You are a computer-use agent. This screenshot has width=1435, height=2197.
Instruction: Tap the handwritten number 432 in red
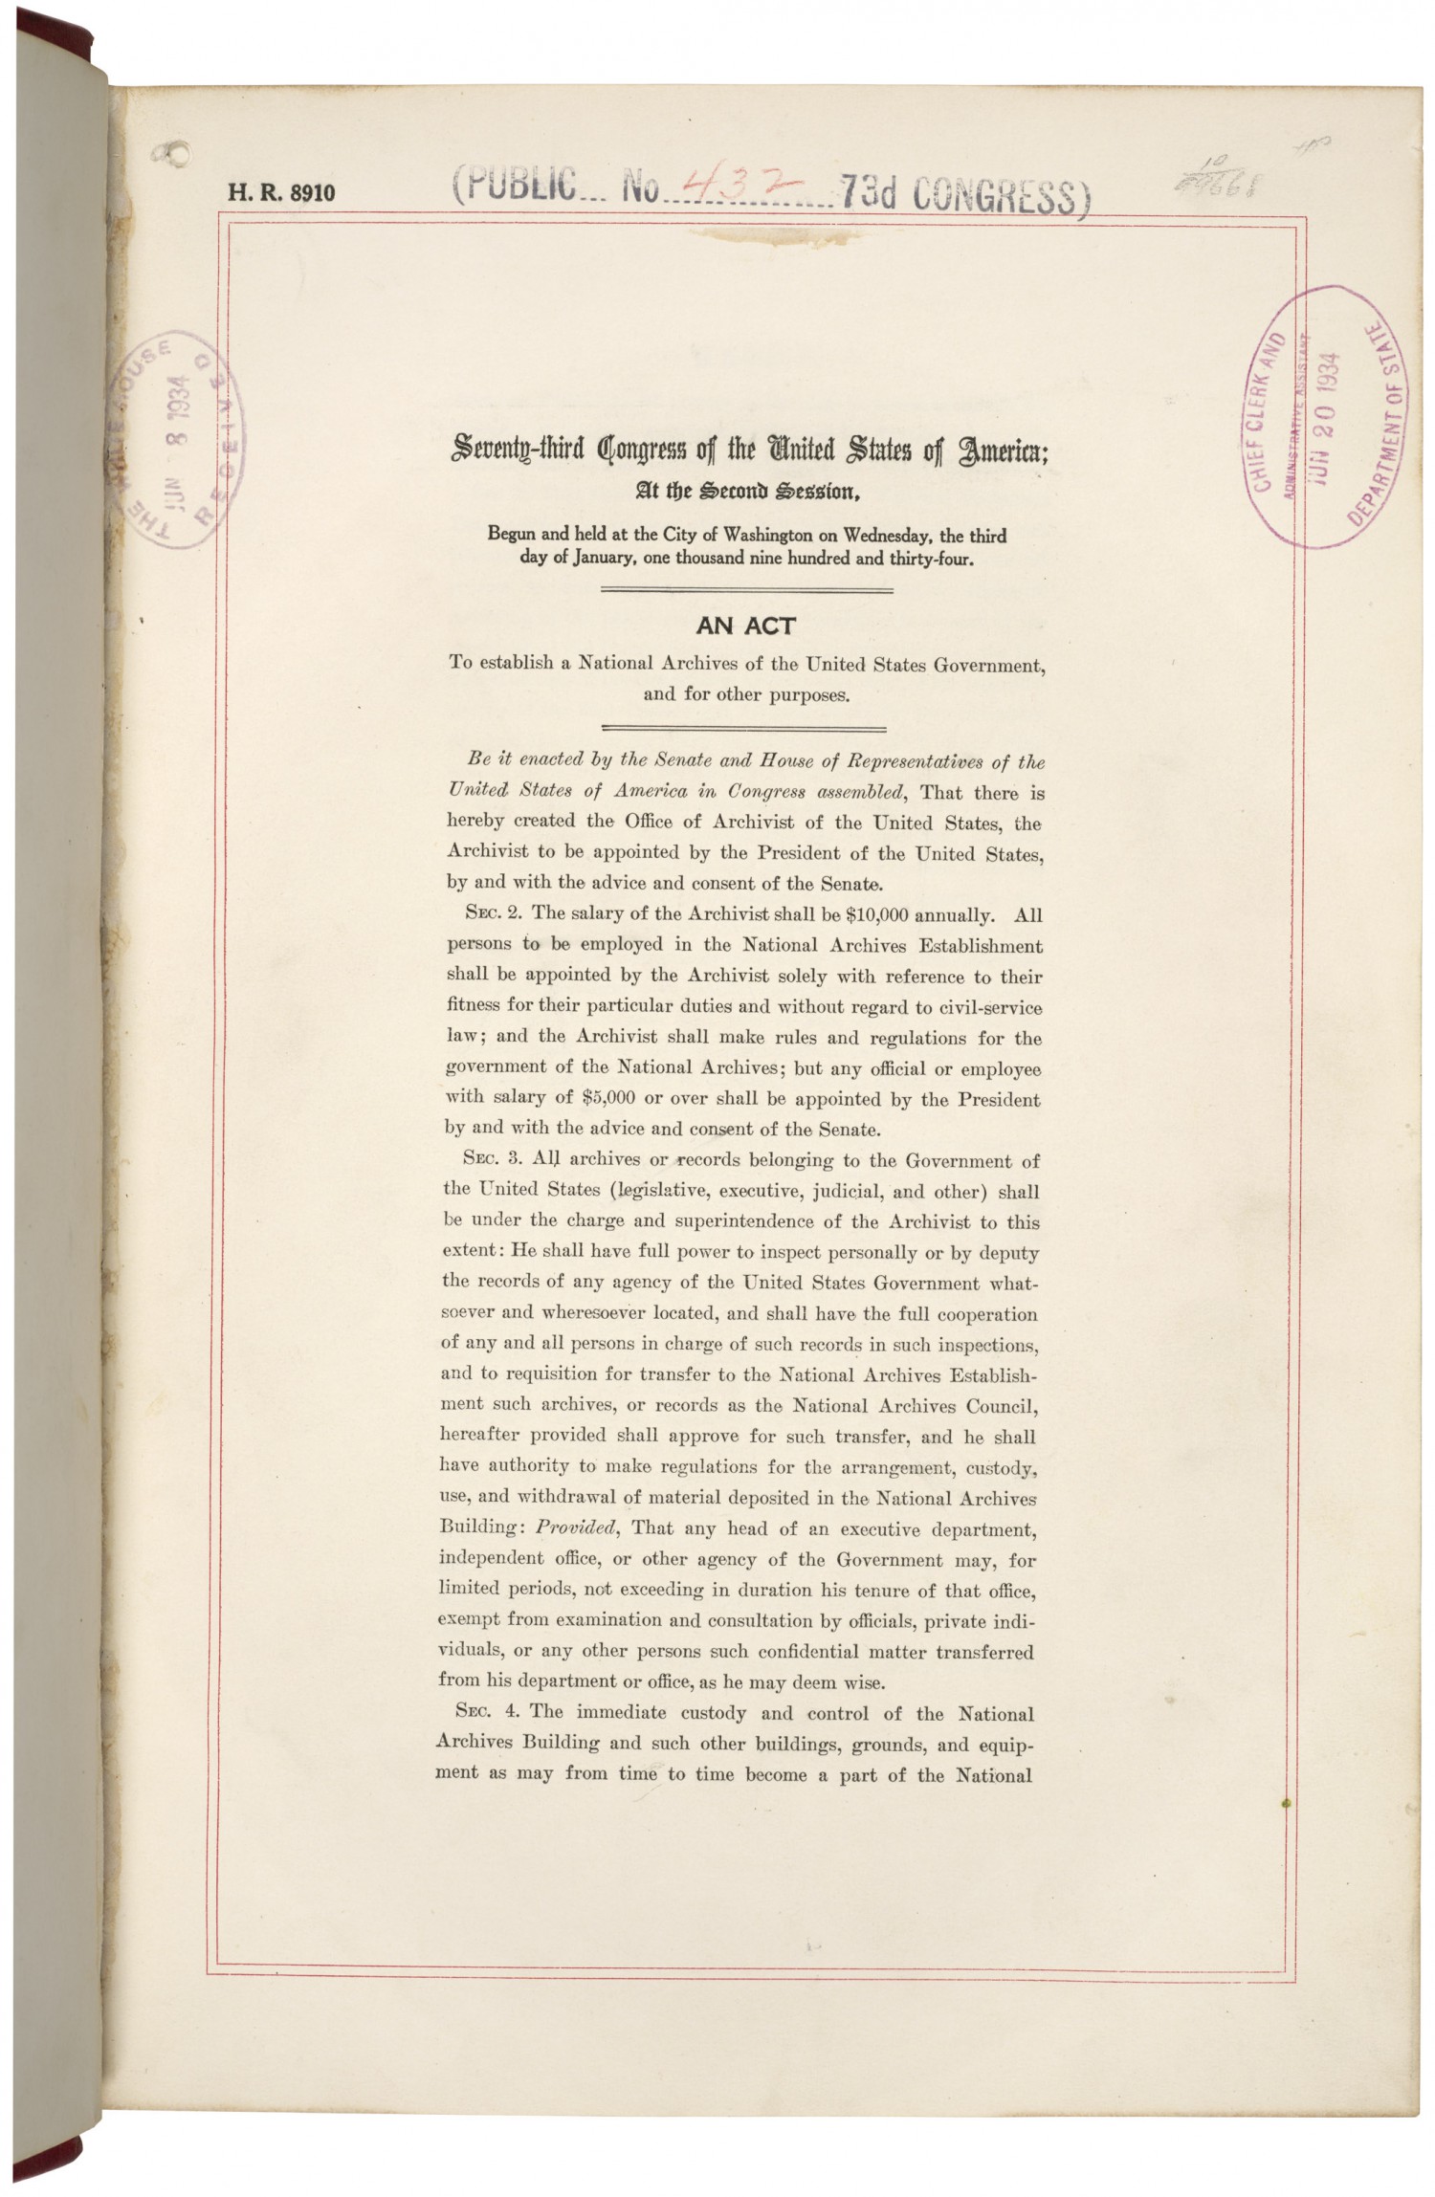point(726,189)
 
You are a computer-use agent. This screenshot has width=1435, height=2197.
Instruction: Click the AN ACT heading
point(746,627)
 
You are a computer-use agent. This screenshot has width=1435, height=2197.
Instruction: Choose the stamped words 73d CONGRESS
point(964,195)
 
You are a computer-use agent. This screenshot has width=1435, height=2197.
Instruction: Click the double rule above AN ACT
point(746,592)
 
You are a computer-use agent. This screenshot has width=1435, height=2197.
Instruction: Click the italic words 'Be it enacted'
point(525,762)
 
